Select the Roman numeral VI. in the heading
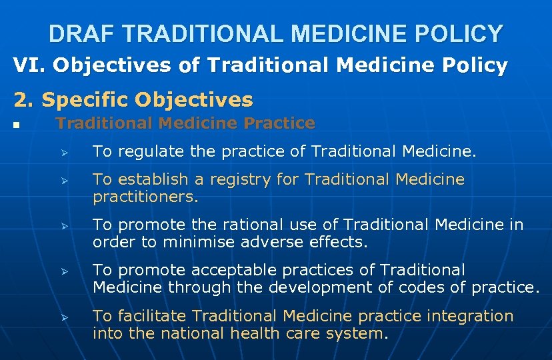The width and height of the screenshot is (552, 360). pyautogui.click(x=29, y=65)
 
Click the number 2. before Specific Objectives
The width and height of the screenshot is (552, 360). pyautogui.click(x=24, y=100)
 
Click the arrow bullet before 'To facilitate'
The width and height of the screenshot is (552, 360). pyautogui.click(x=65, y=317)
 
